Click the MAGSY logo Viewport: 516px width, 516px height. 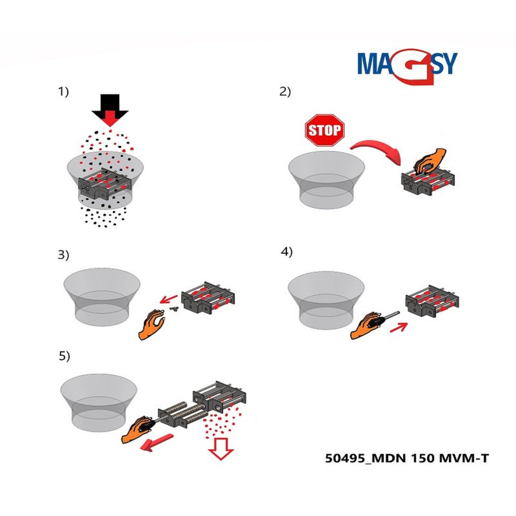click(x=407, y=67)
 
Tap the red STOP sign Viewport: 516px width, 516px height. click(x=325, y=130)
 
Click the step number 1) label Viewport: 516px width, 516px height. click(x=63, y=92)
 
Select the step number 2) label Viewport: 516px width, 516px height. click(x=285, y=92)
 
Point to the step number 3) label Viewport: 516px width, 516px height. click(x=63, y=254)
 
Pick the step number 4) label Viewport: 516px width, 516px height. click(x=286, y=252)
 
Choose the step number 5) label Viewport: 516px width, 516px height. click(x=64, y=356)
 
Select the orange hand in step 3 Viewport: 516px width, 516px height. click(x=152, y=324)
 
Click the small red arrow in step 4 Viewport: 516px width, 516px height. click(x=399, y=328)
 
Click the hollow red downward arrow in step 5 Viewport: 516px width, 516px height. click(x=221, y=448)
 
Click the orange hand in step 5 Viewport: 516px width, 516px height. click(x=137, y=429)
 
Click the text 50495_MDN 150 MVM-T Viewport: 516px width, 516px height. click(x=407, y=458)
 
